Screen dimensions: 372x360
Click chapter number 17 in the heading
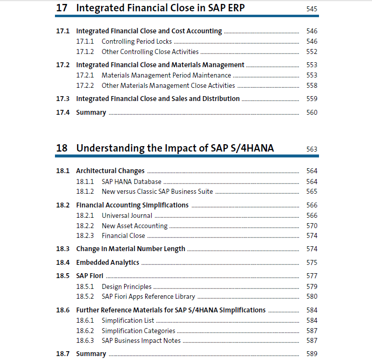pyautogui.click(x=62, y=8)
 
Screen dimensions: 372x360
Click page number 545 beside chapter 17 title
pyautogui.click(x=312, y=9)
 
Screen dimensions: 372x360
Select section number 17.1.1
pyautogui.click(x=85, y=42)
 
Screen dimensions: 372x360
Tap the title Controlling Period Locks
pyautogui.click(x=136, y=42)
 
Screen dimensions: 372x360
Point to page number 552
pyautogui.click(x=312, y=51)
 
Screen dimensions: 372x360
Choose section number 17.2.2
pyautogui.click(x=85, y=86)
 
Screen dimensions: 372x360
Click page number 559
pyautogui.click(x=312, y=99)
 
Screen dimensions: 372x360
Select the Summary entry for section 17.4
pyautogui.click(x=91, y=113)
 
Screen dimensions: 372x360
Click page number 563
pyautogui.click(x=312, y=149)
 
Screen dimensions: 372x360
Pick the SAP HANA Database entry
pyautogui.click(x=132, y=181)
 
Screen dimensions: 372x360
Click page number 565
pyautogui.click(x=312, y=191)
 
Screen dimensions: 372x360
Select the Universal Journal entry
pyautogui.click(x=127, y=216)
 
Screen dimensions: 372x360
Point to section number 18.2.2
pyautogui.click(x=85, y=226)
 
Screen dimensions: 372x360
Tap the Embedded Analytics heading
pyautogui.click(x=107, y=262)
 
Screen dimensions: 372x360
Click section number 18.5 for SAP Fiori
pyautogui.click(x=63, y=276)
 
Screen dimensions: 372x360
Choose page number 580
pyautogui.click(x=312, y=296)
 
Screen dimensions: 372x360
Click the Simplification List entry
pyautogui.click(x=128, y=321)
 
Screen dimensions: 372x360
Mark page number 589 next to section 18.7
pyautogui.click(x=312, y=354)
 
